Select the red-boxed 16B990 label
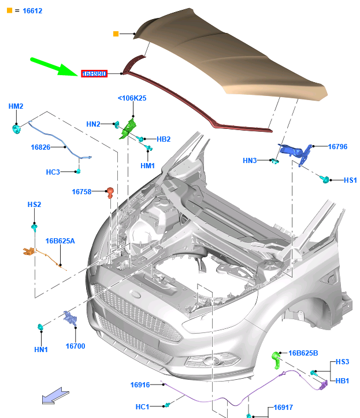tap(94, 73)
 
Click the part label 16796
tap(337, 147)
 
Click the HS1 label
tap(350, 180)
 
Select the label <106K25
tap(132, 98)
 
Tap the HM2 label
tap(16, 106)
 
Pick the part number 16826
tap(41, 147)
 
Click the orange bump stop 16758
tap(110, 192)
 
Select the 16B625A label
tap(60, 241)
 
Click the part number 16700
tap(75, 346)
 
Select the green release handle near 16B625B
tap(276, 360)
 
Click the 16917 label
tap(283, 408)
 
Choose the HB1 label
tap(342, 382)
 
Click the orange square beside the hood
tap(116, 34)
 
